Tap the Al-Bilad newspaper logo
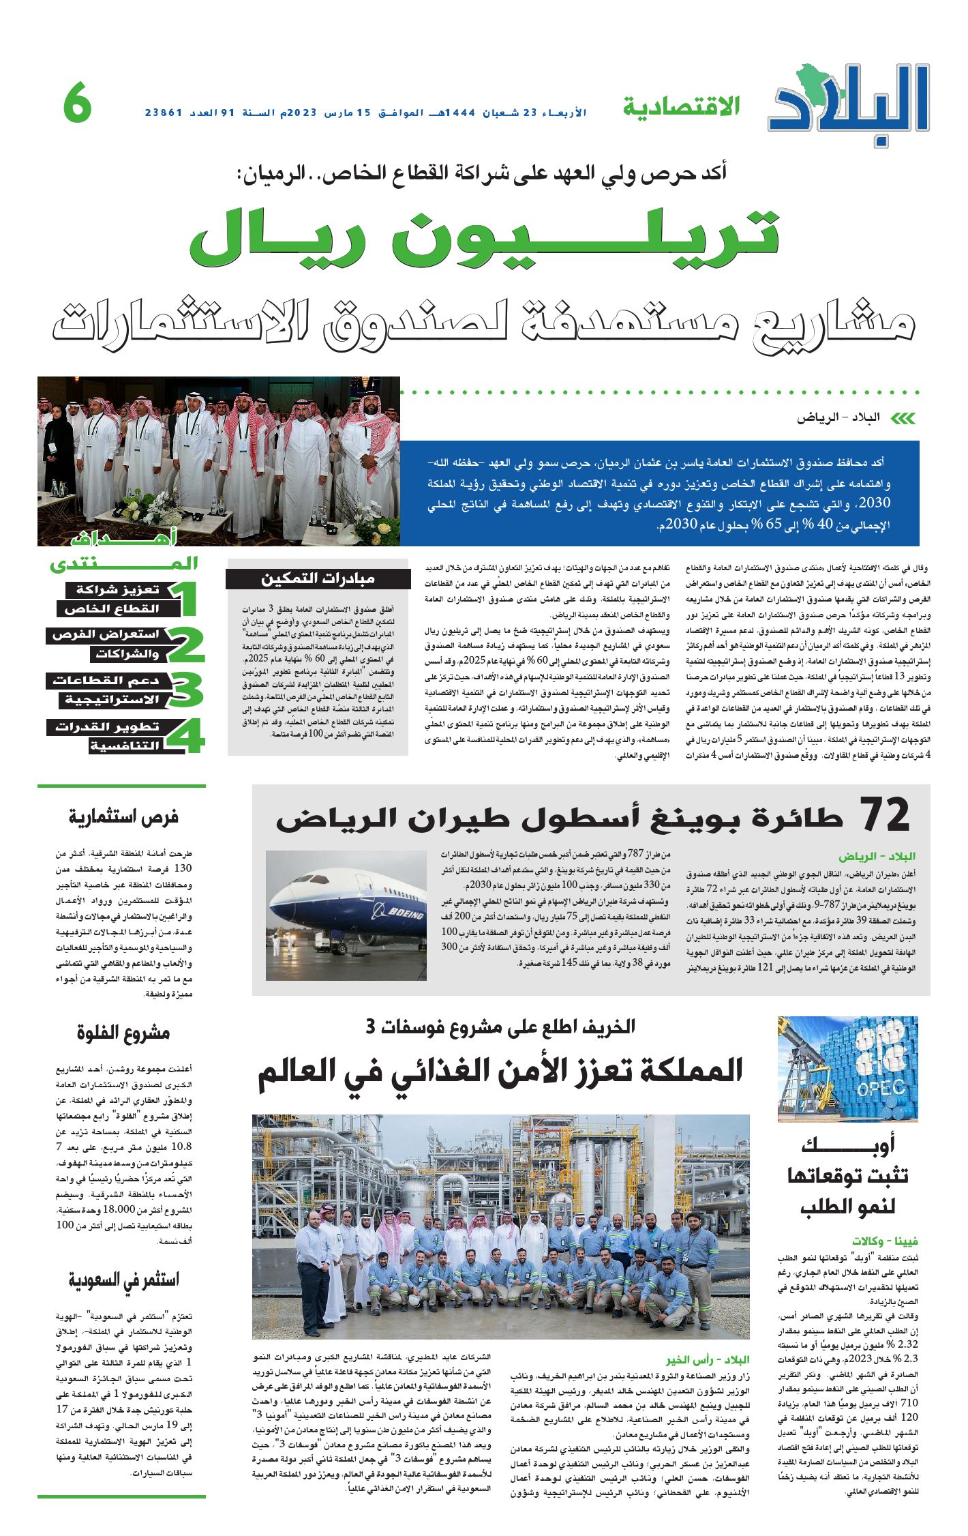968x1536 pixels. coord(849,103)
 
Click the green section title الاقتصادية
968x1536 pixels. coord(681,106)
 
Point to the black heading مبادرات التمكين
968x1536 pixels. coord(318,579)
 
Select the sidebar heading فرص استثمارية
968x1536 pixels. coord(123,816)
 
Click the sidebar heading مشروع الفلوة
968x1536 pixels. coord(123,1033)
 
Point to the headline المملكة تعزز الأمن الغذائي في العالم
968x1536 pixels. coord(500,1072)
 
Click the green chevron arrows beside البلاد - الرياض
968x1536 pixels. coord(903,418)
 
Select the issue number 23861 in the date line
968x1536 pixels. coord(164,113)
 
